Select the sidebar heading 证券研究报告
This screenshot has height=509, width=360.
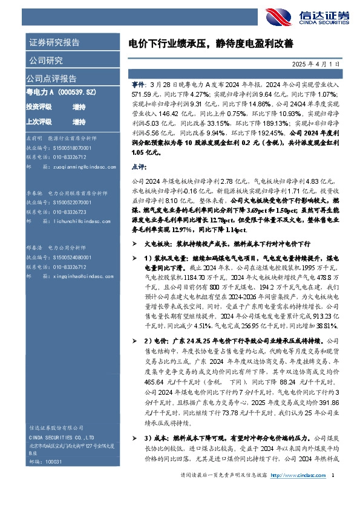coord(54,43)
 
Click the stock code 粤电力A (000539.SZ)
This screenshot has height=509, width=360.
coord(61,92)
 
